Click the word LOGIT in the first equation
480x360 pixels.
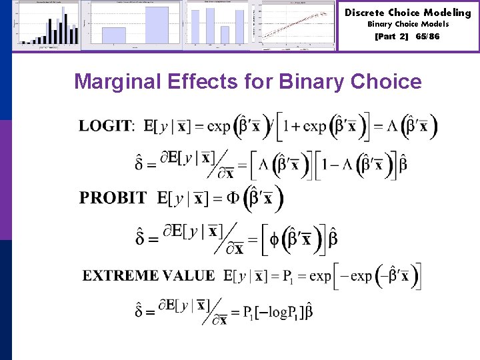(x=106, y=125)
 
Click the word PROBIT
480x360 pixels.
(x=113, y=198)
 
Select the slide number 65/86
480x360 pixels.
(x=427, y=37)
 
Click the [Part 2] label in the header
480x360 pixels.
(x=393, y=37)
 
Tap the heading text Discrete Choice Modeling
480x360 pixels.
(x=407, y=13)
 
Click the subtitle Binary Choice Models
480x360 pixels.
(x=408, y=24)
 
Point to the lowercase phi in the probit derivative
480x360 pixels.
(x=275, y=239)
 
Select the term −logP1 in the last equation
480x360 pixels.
(x=275, y=311)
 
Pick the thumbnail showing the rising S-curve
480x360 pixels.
(x=299, y=25)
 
